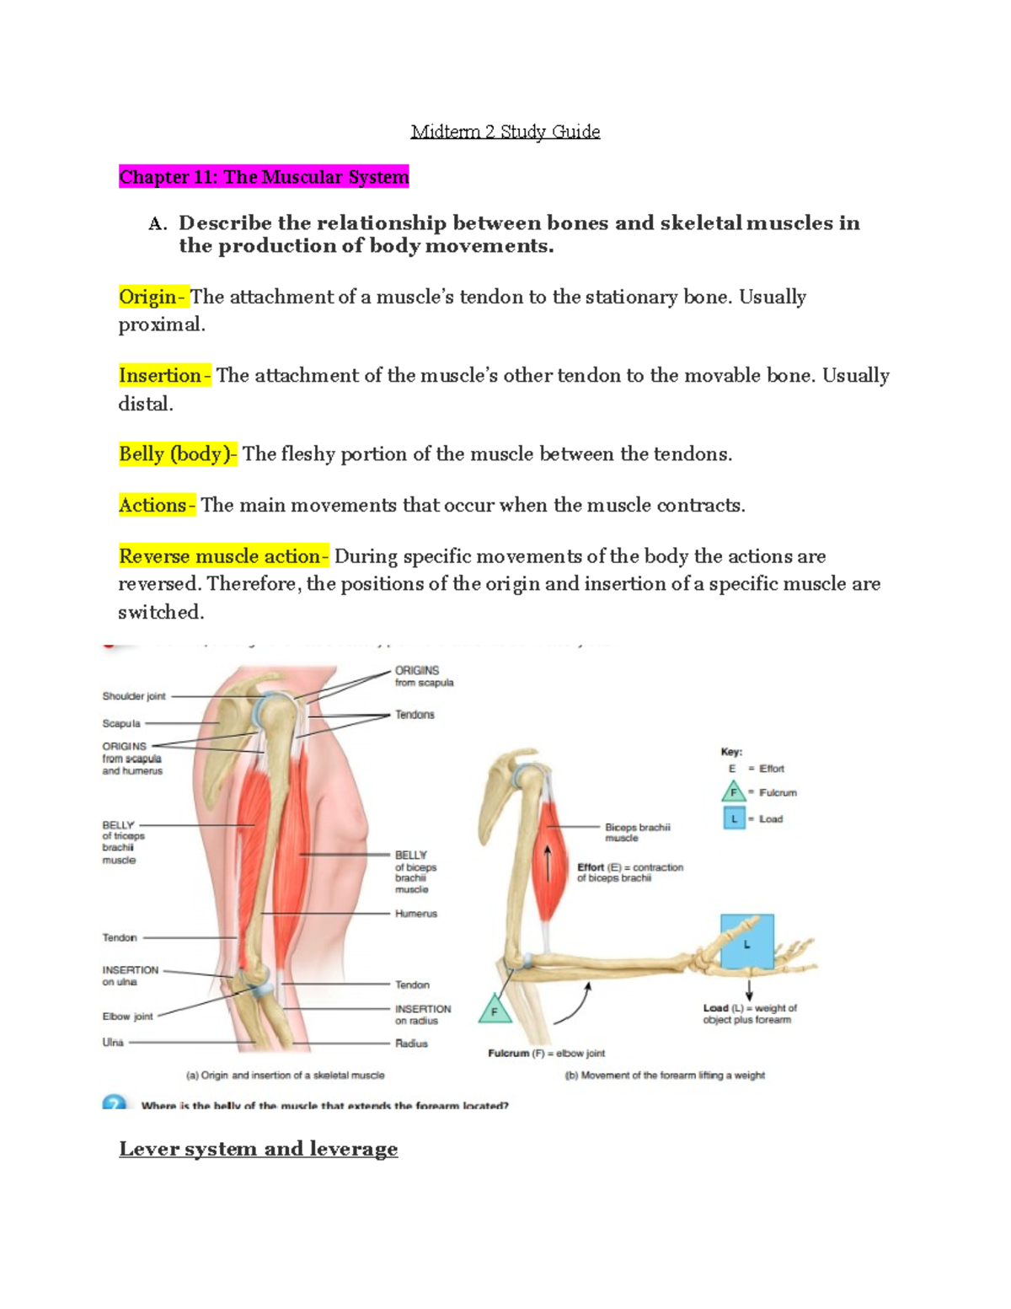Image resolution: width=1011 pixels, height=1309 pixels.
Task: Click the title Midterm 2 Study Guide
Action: (x=505, y=131)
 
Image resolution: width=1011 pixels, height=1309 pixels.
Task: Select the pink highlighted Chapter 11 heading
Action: (x=264, y=177)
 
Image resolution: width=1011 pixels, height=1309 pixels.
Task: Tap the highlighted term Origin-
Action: (x=152, y=297)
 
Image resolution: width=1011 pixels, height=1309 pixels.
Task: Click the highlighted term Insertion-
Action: (x=164, y=375)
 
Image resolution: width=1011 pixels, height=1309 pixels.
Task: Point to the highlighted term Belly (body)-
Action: (x=178, y=454)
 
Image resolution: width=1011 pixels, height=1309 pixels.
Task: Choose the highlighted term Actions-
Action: (x=157, y=505)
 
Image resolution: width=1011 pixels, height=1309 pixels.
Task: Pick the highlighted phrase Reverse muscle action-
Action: (x=223, y=556)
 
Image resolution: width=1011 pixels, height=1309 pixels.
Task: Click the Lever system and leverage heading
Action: (x=258, y=1149)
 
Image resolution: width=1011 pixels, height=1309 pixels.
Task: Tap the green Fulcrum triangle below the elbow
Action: (x=495, y=1010)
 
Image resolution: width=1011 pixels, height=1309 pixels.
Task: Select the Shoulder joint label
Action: (x=134, y=696)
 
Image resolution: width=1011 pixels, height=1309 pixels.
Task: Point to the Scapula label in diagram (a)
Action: (x=121, y=723)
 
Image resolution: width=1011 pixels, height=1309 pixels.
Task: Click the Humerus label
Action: (x=416, y=914)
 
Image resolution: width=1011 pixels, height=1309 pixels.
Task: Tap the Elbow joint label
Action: (x=128, y=1017)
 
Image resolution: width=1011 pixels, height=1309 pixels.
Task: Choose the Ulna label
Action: (x=113, y=1043)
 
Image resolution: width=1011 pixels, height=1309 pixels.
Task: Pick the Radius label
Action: (x=412, y=1043)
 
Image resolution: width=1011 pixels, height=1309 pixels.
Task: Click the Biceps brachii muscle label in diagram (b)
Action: (x=637, y=833)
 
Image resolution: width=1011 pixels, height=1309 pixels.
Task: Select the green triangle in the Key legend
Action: (x=733, y=792)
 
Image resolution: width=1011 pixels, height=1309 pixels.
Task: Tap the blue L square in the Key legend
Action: (x=734, y=818)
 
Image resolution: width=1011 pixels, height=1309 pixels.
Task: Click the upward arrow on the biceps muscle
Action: (x=548, y=862)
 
